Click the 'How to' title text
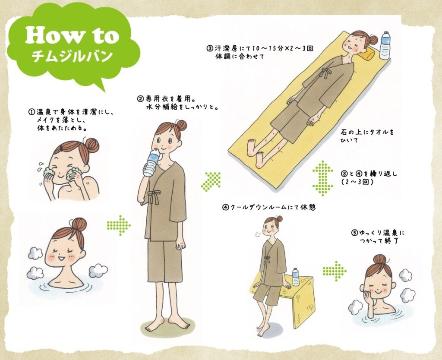pos(72,36)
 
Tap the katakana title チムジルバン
pos(72,57)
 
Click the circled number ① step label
pos(31,112)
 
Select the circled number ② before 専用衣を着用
pos(140,99)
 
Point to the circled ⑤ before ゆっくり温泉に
pos(354,233)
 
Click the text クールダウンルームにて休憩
pos(273,208)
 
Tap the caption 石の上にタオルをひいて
pos(367,135)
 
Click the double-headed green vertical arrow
pos(323,178)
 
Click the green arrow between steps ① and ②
pos(119,225)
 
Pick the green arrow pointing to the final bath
pos(335,271)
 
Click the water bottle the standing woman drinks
pos(152,162)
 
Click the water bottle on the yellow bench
pos(295,277)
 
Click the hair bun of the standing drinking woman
pos(181,126)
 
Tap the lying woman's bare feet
pos(256,152)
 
